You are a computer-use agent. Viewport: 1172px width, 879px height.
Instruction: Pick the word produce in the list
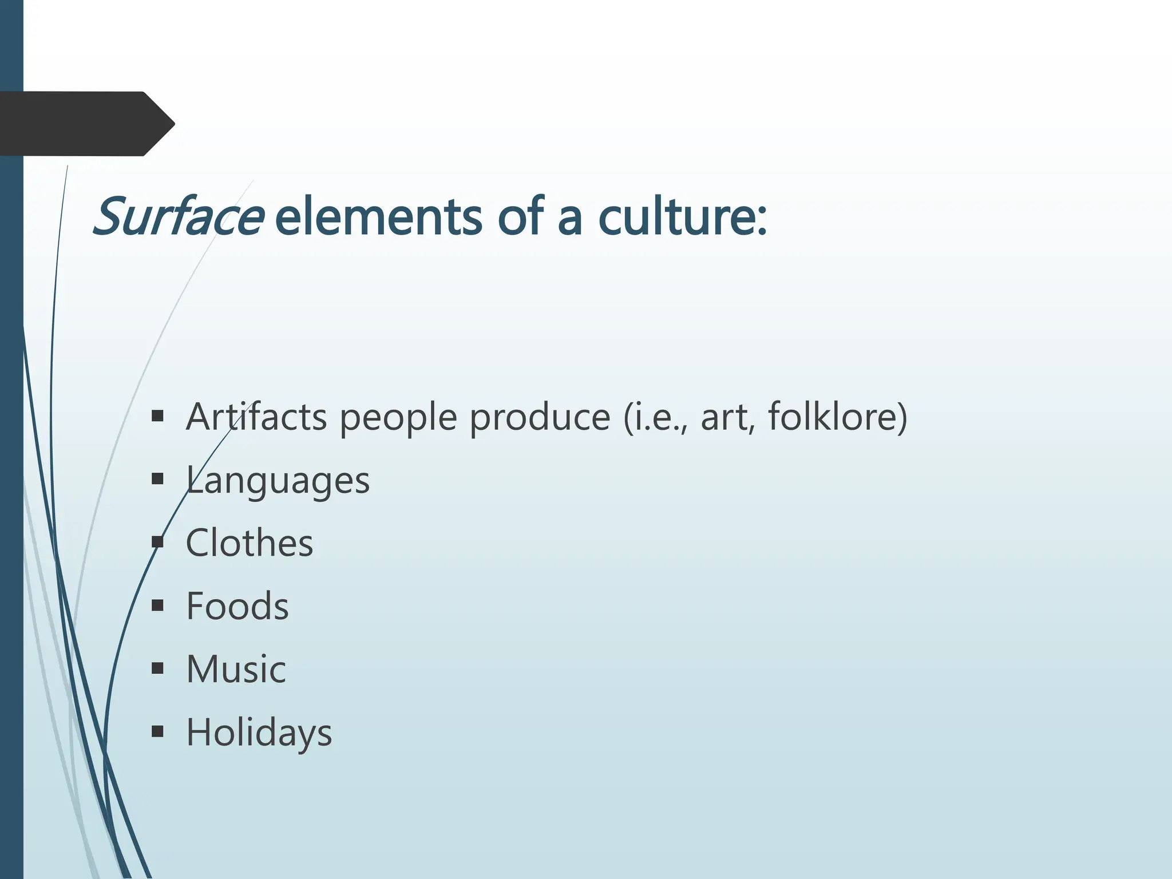click(x=540, y=417)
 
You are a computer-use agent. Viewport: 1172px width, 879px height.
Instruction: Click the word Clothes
click(x=250, y=543)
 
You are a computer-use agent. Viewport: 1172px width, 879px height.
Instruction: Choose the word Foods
click(x=237, y=606)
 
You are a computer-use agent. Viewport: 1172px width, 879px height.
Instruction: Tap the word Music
click(x=236, y=669)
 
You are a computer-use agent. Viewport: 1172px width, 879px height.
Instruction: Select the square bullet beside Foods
click(x=158, y=605)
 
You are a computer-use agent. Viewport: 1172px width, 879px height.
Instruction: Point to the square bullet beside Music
click(x=158, y=668)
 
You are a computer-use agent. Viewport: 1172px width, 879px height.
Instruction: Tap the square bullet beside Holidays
click(x=158, y=731)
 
